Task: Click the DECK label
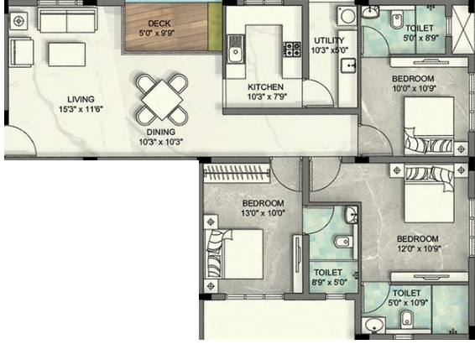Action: click(x=159, y=23)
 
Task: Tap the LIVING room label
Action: click(x=81, y=99)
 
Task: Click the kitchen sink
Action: click(x=235, y=52)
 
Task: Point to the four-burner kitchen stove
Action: click(x=292, y=50)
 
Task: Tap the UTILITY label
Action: click(x=329, y=40)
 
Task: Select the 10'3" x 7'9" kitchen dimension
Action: click(x=267, y=97)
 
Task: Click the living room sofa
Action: click(x=67, y=20)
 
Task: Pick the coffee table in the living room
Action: click(x=66, y=55)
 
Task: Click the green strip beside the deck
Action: click(x=215, y=27)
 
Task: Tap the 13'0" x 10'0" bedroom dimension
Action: click(x=263, y=213)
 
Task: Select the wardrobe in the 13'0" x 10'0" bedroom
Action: click(x=237, y=173)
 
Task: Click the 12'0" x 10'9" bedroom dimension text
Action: click(x=419, y=248)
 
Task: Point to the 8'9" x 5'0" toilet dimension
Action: click(x=329, y=283)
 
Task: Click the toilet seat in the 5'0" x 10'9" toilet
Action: click(x=407, y=320)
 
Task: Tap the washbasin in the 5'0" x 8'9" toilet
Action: click(x=370, y=13)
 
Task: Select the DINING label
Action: click(x=161, y=132)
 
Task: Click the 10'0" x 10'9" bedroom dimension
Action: click(x=413, y=88)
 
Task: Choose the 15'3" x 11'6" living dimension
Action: click(x=81, y=109)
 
